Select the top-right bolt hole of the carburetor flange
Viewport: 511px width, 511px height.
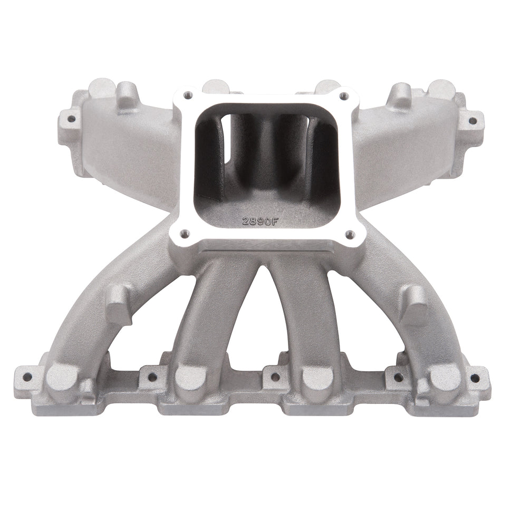[343, 96]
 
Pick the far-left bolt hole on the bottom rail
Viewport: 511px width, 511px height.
[23, 376]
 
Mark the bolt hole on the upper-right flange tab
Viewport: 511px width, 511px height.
[472, 121]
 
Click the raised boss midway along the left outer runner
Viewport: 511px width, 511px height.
[120, 303]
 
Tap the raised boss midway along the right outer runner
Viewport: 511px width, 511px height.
[414, 304]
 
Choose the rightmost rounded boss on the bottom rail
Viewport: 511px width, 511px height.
[446, 378]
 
